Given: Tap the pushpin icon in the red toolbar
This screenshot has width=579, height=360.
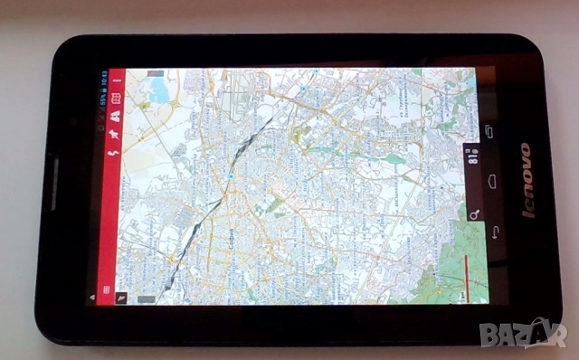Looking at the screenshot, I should tap(116, 132).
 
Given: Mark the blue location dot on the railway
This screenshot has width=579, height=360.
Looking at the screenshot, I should tap(231, 175).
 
